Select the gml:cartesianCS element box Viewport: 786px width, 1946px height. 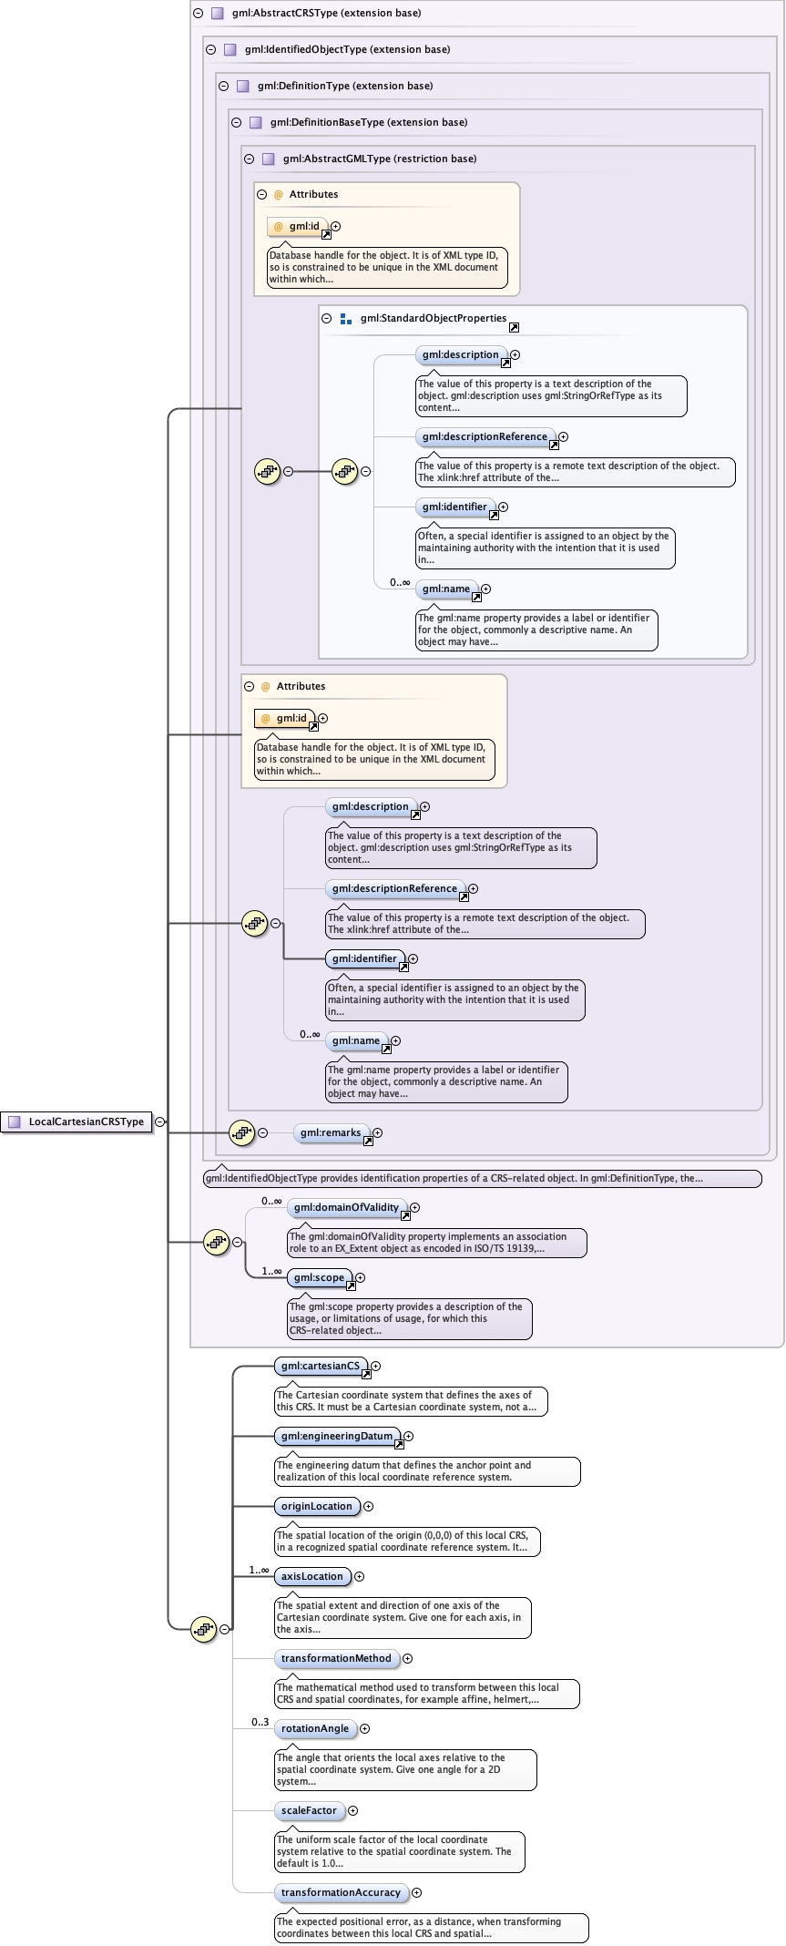click(x=321, y=1366)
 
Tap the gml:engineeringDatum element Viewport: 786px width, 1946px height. click(x=337, y=1436)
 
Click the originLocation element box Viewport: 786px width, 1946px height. click(x=317, y=1506)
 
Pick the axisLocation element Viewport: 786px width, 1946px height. click(x=312, y=1576)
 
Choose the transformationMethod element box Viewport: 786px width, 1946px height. click(x=336, y=1658)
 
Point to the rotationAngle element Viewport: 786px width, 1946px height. click(x=315, y=1728)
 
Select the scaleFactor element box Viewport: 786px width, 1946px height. click(x=310, y=1810)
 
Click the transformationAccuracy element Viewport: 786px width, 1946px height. click(x=342, y=1892)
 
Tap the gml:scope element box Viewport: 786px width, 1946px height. click(x=320, y=1277)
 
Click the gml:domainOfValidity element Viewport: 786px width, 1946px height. click(x=347, y=1207)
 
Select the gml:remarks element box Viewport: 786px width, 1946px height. click(x=332, y=1132)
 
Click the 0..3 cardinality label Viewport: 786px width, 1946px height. click(x=260, y=1722)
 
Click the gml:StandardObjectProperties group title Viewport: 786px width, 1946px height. click(x=434, y=318)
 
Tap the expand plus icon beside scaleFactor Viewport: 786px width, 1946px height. click(x=353, y=1810)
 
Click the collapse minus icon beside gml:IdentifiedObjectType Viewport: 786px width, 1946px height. click(x=211, y=49)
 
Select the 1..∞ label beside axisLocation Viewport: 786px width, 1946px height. click(x=260, y=1570)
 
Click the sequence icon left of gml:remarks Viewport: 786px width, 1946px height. click(x=241, y=1132)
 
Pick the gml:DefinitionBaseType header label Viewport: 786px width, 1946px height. click(x=369, y=122)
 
